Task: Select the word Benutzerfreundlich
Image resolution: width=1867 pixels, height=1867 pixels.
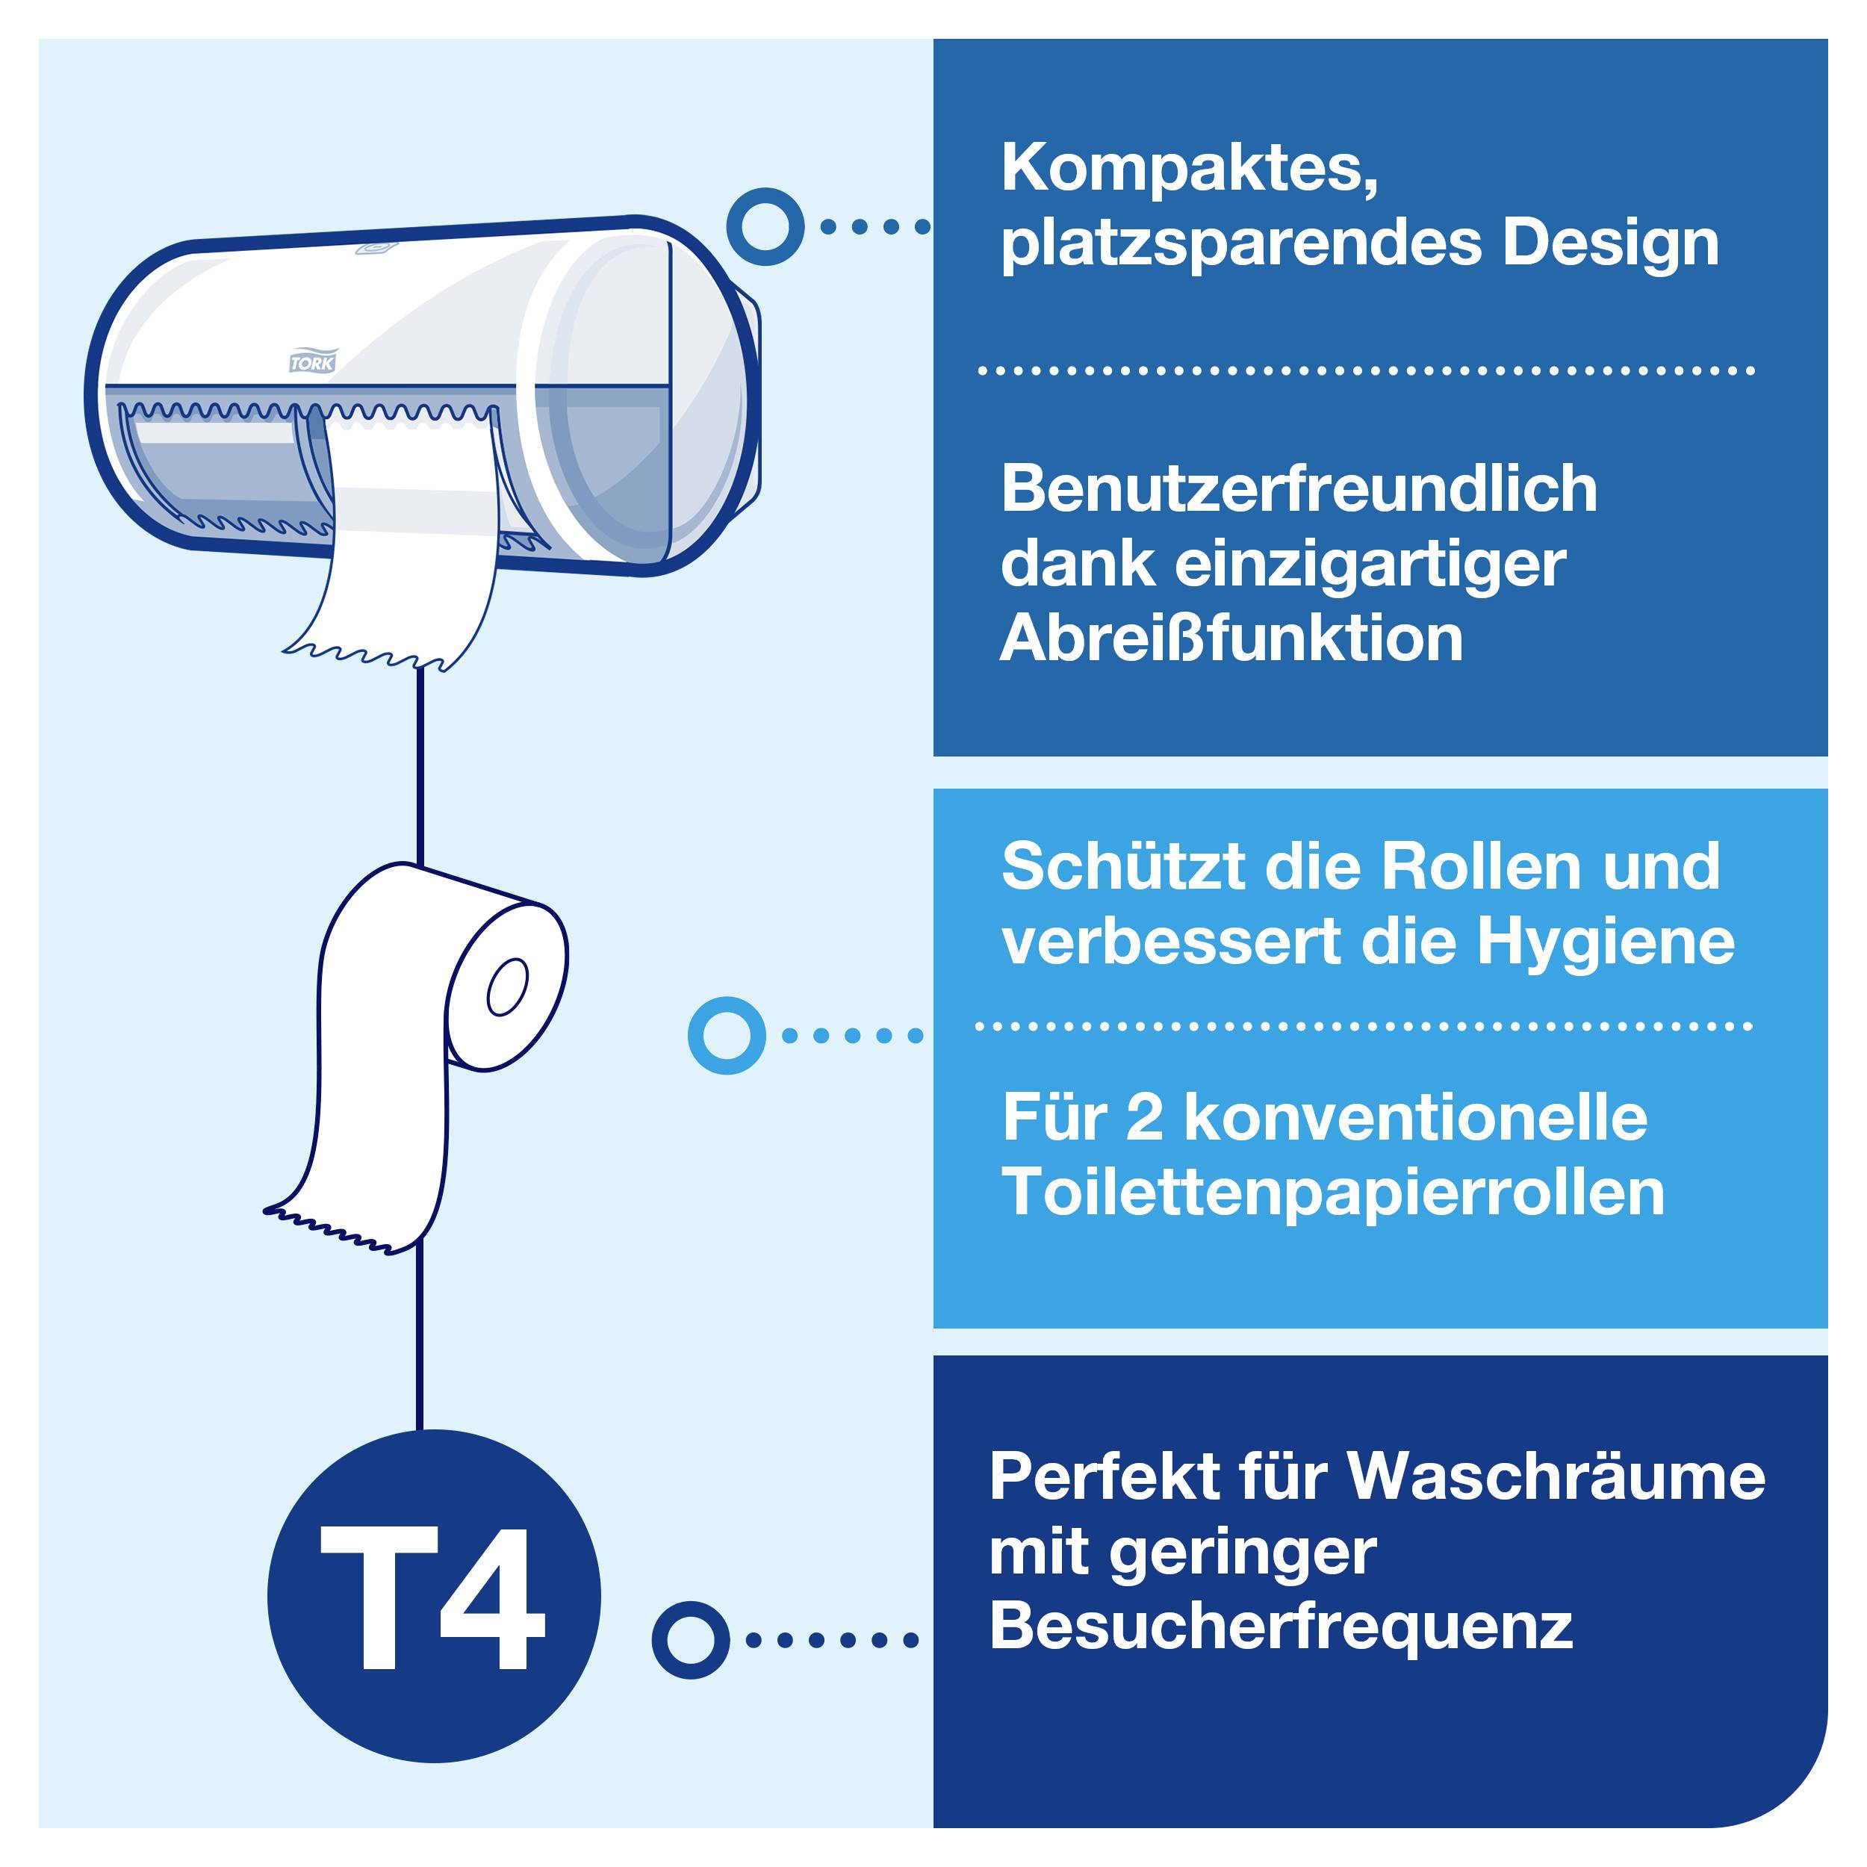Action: (1299, 489)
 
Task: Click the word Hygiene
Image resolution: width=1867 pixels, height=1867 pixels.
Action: (1606, 942)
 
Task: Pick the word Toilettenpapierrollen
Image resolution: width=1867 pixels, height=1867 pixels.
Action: (1334, 1193)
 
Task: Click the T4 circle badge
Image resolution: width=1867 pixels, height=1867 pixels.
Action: (434, 1597)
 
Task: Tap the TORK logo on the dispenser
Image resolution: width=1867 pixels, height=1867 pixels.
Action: (312, 362)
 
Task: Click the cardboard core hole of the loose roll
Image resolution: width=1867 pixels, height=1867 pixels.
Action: (507, 987)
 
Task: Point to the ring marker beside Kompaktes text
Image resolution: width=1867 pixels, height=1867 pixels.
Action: (765, 227)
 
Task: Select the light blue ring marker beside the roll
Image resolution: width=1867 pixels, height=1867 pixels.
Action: (727, 1035)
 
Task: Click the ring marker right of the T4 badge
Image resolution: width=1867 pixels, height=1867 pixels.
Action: (690, 1640)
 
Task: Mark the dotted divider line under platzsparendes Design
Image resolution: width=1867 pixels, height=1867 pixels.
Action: (1364, 370)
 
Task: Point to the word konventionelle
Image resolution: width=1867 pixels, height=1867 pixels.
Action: (1416, 1118)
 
